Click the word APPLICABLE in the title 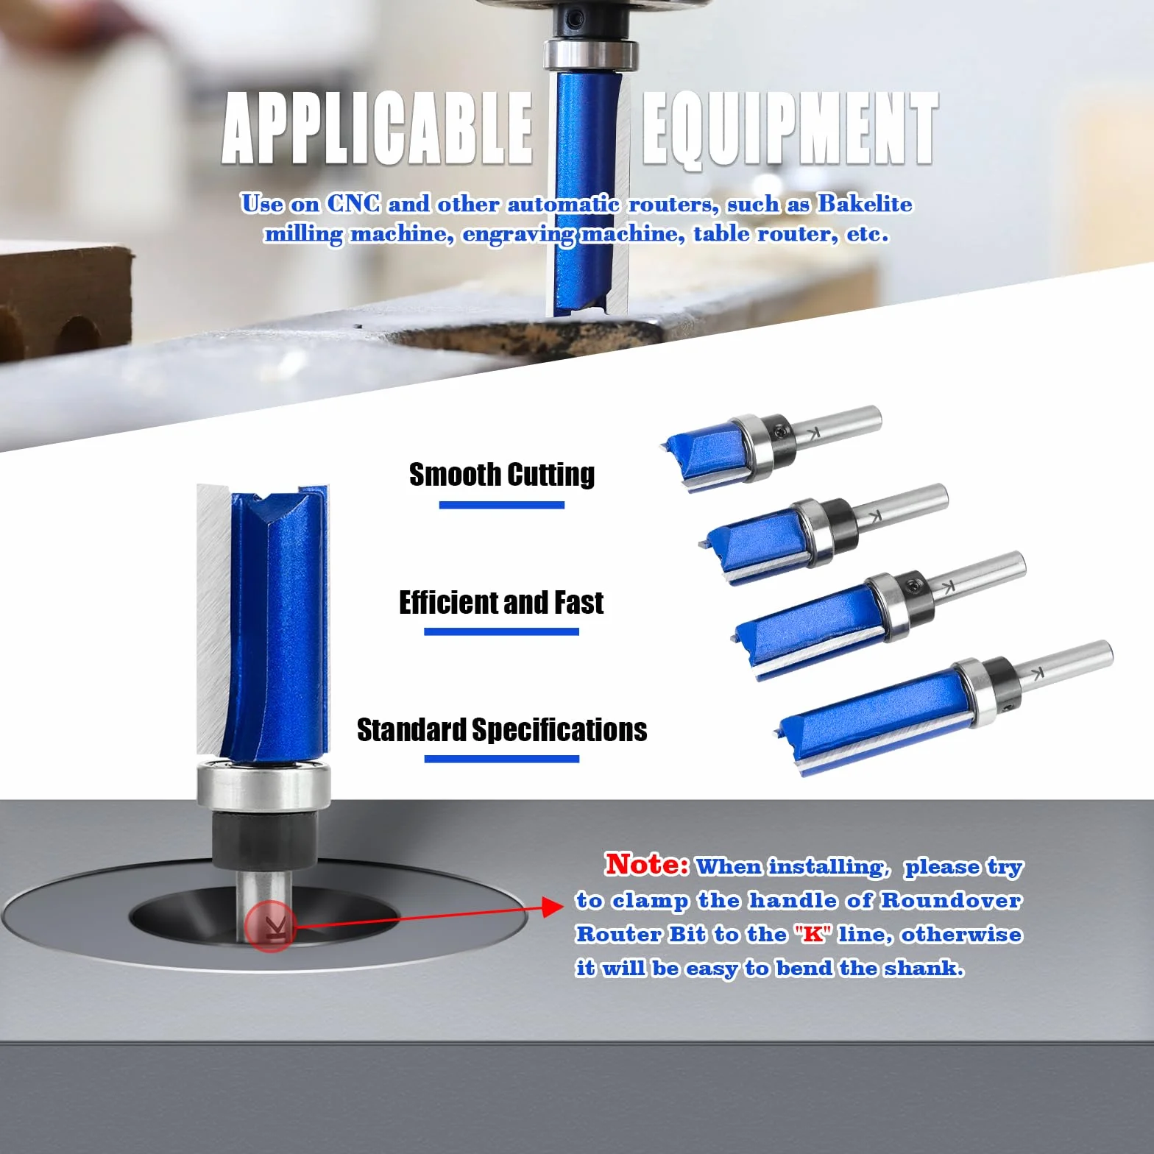pos(378,128)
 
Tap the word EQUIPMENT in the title pos(790,129)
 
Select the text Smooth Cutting pos(502,475)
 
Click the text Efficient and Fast pos(501,602)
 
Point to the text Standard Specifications pos(502,729)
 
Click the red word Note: pos(647,864)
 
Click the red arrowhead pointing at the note pos(553,907)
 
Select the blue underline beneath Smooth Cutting pos(502,505)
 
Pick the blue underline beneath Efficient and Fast pos(501,631)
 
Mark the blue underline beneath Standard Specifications pos(502,759)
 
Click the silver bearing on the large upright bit pos(263,787)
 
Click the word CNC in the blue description pos(353,203)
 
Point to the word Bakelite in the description pos(865,203)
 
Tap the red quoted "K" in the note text pos(813,934)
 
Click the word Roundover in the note pos(951,900)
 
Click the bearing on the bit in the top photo pos(590,55)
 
